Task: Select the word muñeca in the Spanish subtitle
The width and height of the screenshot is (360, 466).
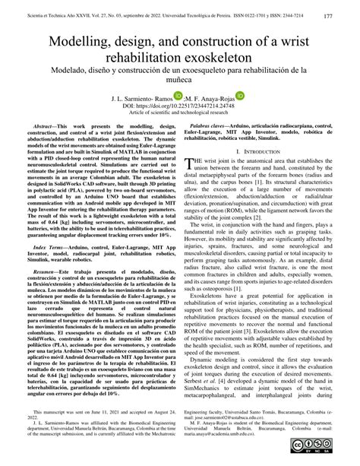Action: [x=180, y=90]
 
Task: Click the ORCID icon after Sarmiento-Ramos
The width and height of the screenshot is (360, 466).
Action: [x=177, y=109]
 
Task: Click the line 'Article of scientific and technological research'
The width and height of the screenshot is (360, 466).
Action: [x=180, y=128]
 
